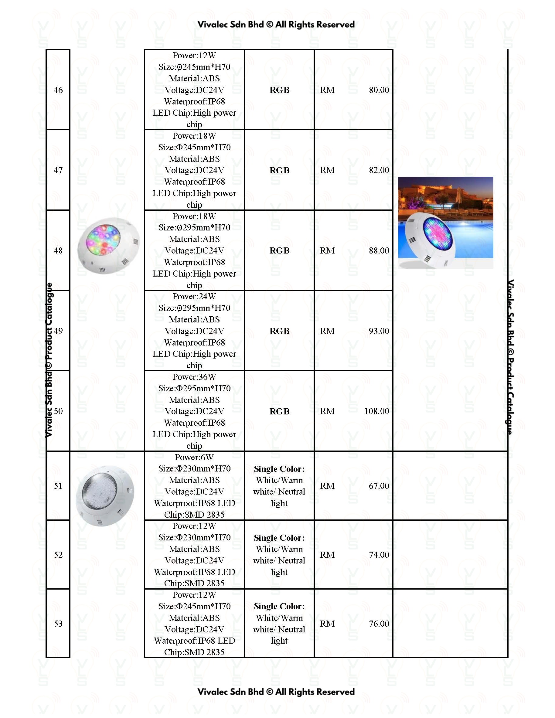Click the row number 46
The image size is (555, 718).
tap(58, 90)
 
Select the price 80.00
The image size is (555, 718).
tap(379, 90)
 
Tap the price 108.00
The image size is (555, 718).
tap(376, 411)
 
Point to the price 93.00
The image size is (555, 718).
tap(379, 331)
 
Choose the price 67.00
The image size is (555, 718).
tap(379, 485)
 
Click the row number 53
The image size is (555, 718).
tap(58, 623)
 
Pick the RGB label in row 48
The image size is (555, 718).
tap(279, 250)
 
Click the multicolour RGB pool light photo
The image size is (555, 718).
tap(108, 245)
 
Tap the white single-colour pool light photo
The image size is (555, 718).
tap(105, 495)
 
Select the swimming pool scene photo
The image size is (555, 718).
tap(445, 223)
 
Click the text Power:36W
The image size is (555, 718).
tap(194, 377)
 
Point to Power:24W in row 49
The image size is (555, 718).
tap(194, 296)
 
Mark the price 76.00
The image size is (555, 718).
tap(379, 623)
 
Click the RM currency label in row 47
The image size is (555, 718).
tap(327, 170)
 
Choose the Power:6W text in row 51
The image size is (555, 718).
tap(194, 457)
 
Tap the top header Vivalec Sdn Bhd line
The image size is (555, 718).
tap(276, 25)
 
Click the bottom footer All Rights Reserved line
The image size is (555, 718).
tap(276, 692)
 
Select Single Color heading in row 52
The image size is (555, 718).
tap(279, 538)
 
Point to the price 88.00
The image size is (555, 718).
tap(379, 250)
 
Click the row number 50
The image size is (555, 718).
tap(58, 411)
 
